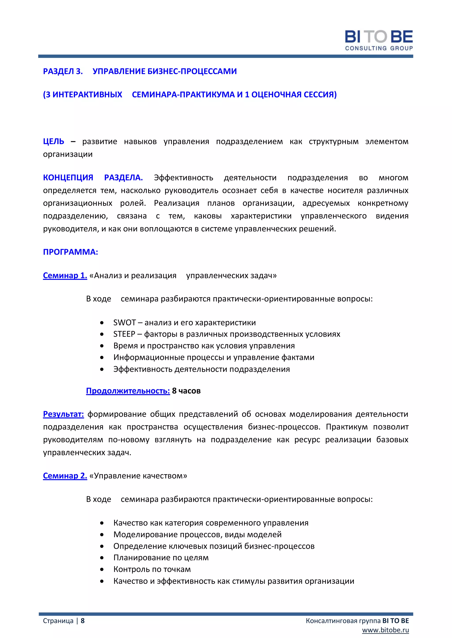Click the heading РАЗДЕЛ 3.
[x=63, y=71]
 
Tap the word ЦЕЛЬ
[x=53, y=141]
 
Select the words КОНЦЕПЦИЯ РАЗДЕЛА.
[x=93, y=178]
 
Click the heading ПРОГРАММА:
[x=70, y=252]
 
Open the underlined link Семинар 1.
[x=65, y=275]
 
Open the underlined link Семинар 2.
[x=65, y=476]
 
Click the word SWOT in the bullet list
[x=124, y=323]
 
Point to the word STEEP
[x=124, y=334]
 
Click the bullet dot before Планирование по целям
[x=102, y=558]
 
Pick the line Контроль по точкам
[x=152, y=569]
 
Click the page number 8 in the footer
[x=83, y=621]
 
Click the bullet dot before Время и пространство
[x=102, y=346]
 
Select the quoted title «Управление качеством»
[x=138, y=476]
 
